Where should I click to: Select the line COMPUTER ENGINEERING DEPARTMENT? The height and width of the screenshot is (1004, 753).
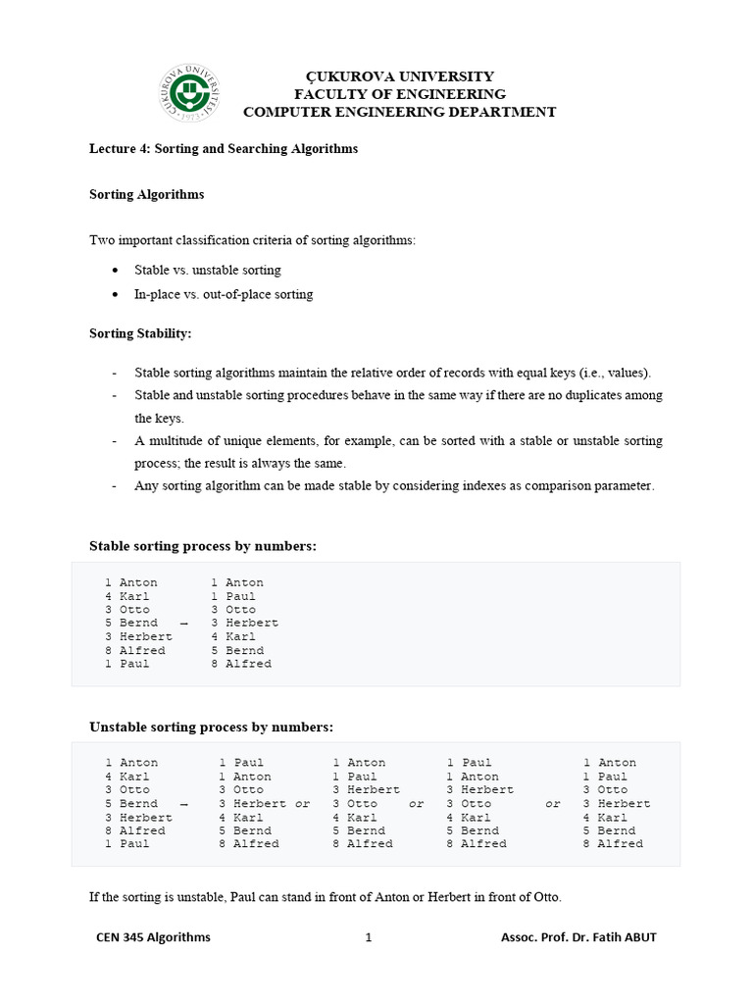click(x=399, y=112)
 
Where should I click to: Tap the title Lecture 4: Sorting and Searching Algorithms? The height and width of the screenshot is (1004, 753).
click(x=224, y=149)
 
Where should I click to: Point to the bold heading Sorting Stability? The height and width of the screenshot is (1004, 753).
click(x=140, y=333)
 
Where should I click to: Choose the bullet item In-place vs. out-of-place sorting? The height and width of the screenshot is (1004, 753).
click(x=224, y=294)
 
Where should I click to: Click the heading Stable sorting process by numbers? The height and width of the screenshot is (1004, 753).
click(x=203, y=546)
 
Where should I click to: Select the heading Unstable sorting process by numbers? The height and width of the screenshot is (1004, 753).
click(x=211, y=727)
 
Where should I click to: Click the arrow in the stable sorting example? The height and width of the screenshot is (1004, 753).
click(x=183, y=624)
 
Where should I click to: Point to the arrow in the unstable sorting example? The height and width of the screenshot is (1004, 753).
click(x=183, y=804)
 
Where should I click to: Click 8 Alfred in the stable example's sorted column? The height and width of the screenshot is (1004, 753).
click(x=241, y=664)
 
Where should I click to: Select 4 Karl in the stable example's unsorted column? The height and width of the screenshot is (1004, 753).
click(x=126, y=596)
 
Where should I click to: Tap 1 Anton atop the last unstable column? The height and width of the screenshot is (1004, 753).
click(x=609, y=763)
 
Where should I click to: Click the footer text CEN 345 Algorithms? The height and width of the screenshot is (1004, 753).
click(x=153, y=937)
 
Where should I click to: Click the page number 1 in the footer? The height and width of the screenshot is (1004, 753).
click(x=369, y=937)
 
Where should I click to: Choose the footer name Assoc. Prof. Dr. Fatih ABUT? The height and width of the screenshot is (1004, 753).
click(x=578, y=937)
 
